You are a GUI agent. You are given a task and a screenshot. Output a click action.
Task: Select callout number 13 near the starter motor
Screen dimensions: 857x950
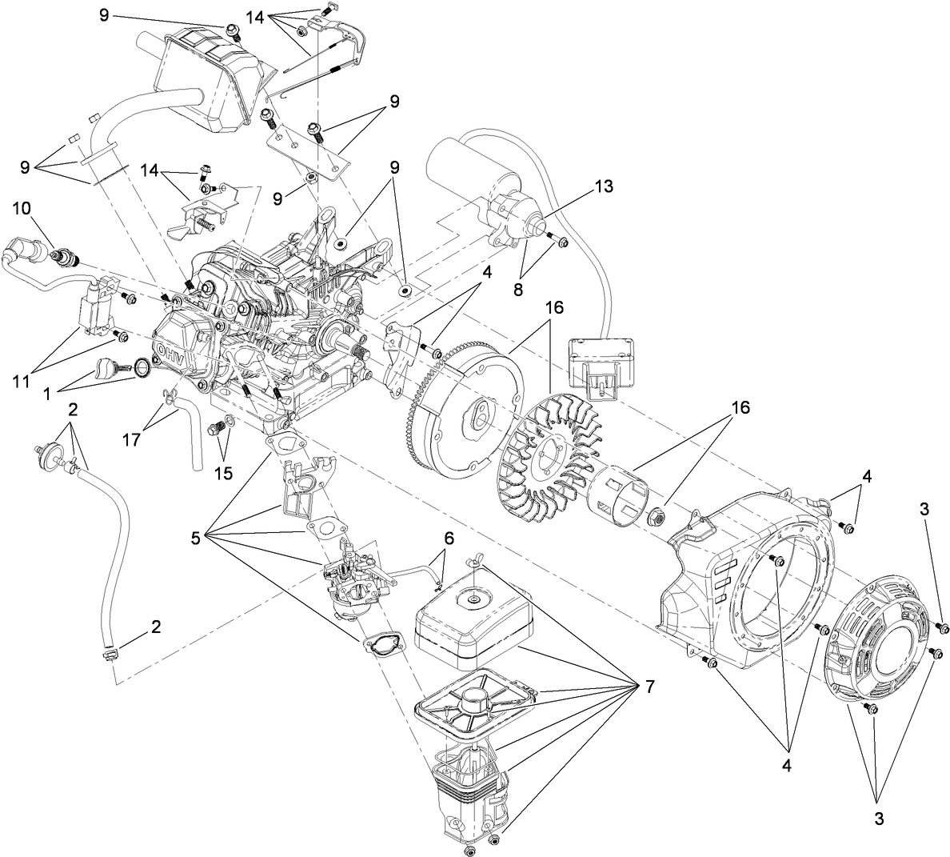604,186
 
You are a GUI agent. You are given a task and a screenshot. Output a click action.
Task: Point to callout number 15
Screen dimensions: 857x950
223,473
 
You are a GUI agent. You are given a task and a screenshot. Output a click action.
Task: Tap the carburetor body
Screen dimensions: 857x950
352,580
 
